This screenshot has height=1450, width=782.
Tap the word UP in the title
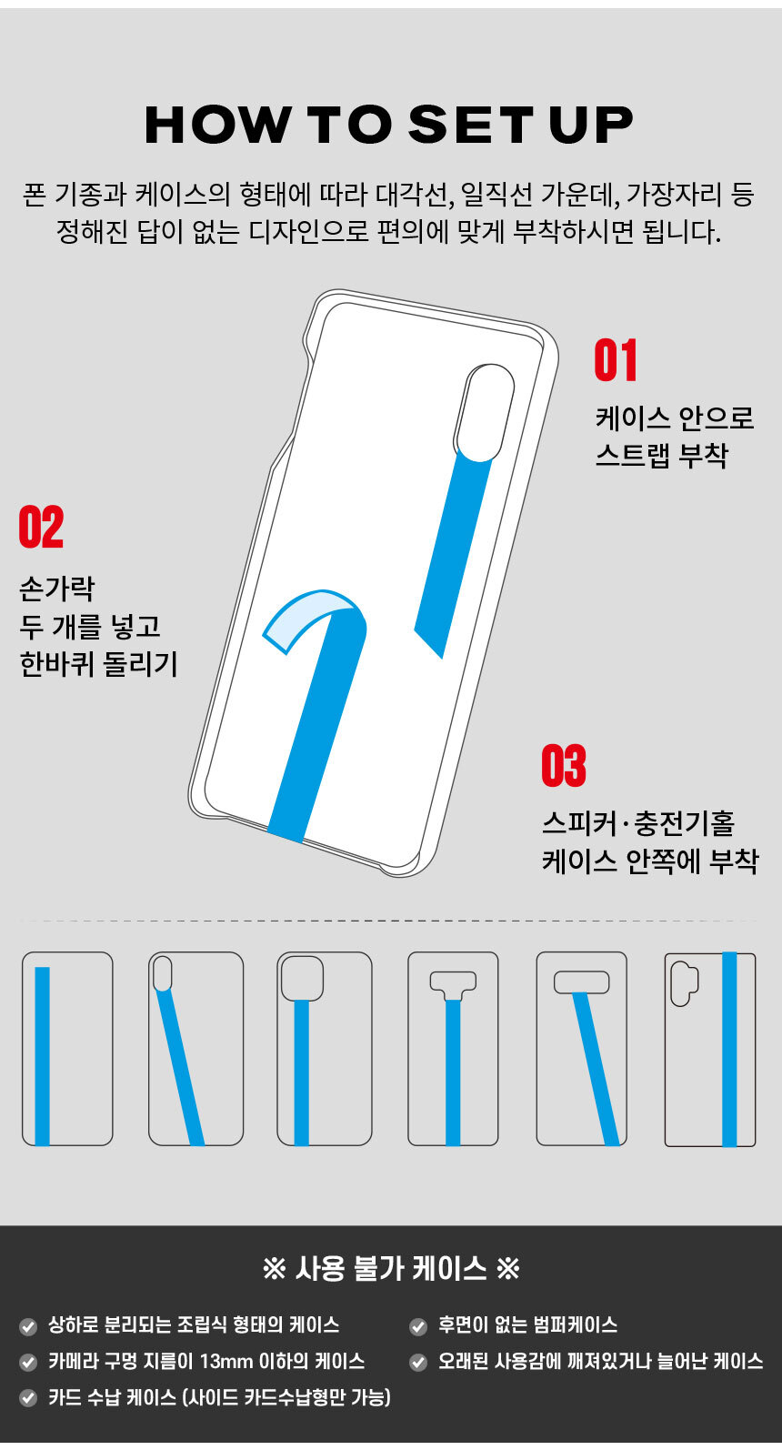[591, 124]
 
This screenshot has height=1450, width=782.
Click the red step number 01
[616, 360]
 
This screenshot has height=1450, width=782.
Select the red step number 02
[42, 527]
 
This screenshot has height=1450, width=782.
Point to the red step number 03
[564, 766]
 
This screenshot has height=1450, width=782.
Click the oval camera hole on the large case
[485, 413]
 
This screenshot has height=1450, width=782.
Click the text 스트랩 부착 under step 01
[662, 456]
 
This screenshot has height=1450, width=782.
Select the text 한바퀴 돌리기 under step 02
[98, 664]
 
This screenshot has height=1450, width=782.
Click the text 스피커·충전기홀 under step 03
[638, 822]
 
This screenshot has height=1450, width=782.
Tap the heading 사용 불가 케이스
[391, 1268]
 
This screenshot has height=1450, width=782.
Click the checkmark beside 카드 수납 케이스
[28, 1397]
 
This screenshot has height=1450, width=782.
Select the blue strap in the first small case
[43, 1056]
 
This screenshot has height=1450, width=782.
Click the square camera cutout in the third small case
[302, 978]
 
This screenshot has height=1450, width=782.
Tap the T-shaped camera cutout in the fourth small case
[454, 985]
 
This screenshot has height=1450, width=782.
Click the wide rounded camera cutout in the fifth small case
[581, 982]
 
